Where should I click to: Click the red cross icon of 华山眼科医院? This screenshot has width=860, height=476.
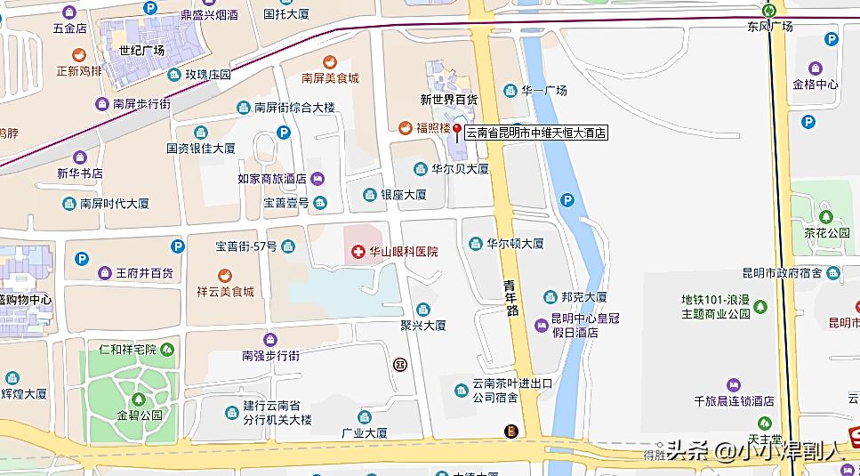pyautogui.click(x=358, y=252)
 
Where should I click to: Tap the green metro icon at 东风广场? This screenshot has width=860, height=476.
pyautogui.click(x=769, y=10)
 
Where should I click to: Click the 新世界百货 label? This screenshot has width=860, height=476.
pyautogui.click(x=448, y=99)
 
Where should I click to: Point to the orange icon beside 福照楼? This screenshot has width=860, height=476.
pyautogui.click(x=405, y=128)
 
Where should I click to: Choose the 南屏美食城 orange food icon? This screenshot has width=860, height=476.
pyautogui.click(x=330, y=61)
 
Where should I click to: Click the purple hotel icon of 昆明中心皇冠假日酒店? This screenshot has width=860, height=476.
pyautogui.click(x=541, y=326)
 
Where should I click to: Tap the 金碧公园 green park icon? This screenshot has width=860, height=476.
pyautogui.click(x=138, y=399)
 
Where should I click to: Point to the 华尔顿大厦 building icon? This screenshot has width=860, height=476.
pyautogui.click(x=475, y=243)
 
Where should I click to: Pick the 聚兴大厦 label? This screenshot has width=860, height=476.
pyautogui.click(x=422, y=326)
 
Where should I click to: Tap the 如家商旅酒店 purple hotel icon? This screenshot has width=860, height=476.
pyautogui.click(x=317, y=179)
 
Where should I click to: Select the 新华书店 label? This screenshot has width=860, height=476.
pyautogui.click(x=80, y=173)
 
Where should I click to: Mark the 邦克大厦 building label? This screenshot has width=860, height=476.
pyautogui.click(x=583, y=297)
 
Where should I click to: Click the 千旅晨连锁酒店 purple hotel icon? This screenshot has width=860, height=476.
pyautogui.click(x=734, y=384)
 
